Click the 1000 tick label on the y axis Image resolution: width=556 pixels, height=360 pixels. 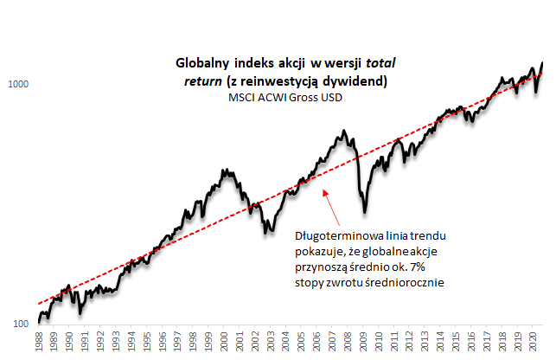[x=19, y=85]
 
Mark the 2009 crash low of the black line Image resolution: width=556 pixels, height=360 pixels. [x=365, y=212]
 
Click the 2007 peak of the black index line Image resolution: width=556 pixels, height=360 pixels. [x=344, y=132]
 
